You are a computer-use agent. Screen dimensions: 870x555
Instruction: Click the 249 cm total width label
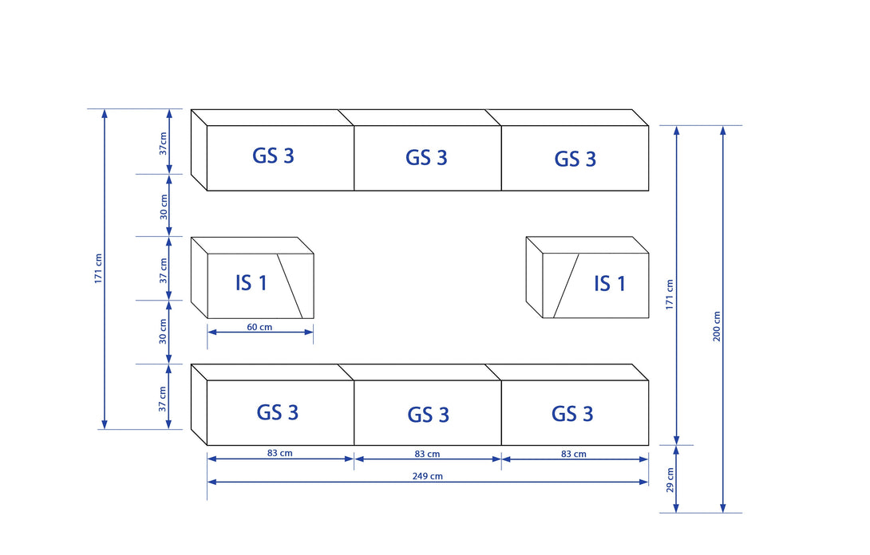pos(427,476)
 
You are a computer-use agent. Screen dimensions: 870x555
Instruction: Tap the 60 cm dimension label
pos(259,327)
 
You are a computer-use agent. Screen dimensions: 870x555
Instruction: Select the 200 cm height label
pos(717,326)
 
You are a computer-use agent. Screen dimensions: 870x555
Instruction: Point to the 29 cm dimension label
pos(670,479)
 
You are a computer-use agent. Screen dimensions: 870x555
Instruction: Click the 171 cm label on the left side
pos(98,269)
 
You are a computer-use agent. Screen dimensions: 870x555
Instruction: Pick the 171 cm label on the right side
pos(670,294)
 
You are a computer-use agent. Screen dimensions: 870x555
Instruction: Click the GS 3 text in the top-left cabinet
pos(273,155)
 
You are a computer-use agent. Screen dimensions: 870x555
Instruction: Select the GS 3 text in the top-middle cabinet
pos(426,157)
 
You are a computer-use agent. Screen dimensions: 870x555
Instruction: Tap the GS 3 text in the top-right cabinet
pos(575,159)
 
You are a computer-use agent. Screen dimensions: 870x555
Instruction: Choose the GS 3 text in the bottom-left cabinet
pos(278,412)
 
